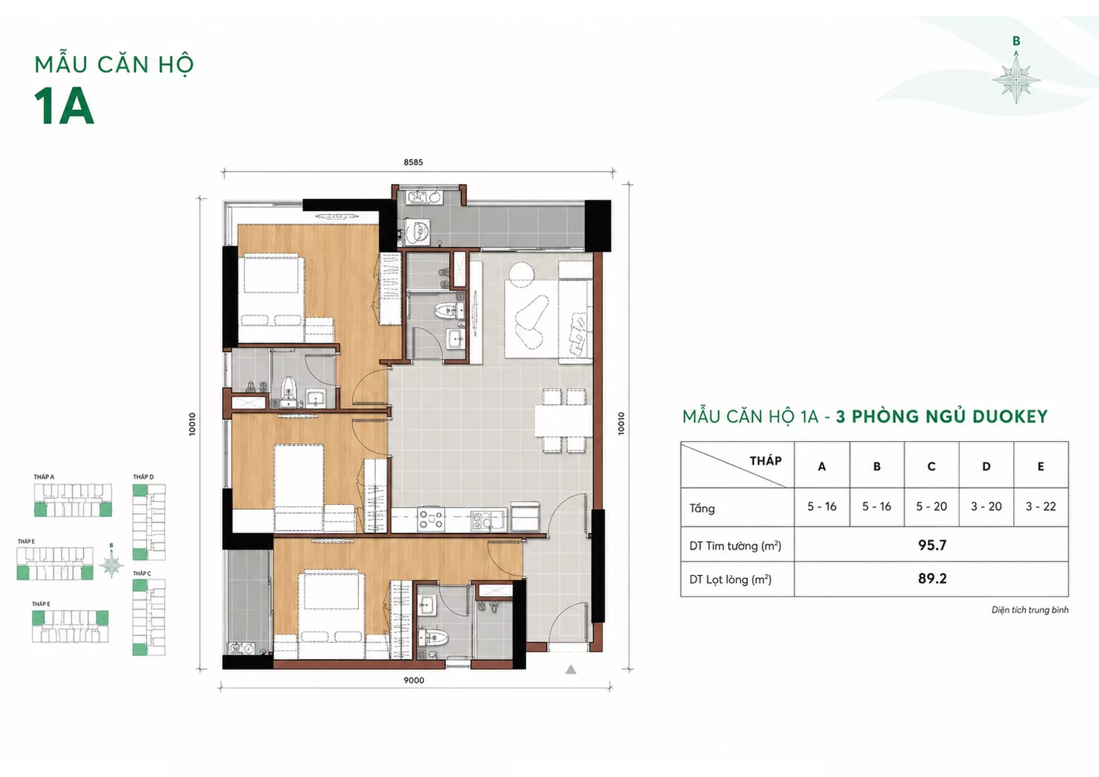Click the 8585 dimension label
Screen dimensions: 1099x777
tap(413, 162)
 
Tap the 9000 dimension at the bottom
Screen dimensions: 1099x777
tap(414, 680)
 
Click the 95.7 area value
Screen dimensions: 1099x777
tap(932, 545)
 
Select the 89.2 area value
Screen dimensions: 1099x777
tap(932, 578)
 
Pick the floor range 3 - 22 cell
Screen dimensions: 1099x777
tap(1041, 506)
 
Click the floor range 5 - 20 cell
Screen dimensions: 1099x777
tap(931, 506)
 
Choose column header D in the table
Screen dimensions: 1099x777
tap(986, 467)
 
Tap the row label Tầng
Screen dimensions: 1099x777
tap(702, 508)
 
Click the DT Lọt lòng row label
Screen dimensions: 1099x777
tap(730, 579)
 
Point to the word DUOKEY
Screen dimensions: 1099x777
tap(1010, 416)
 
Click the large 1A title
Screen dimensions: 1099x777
tap(64, 107)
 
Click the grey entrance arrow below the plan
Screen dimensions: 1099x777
tap(571, 669)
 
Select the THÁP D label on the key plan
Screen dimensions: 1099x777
tap(143, 477)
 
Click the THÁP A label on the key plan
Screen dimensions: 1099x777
tap(44, 477)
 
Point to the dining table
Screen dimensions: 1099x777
tap(564, 421)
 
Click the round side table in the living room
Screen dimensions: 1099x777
tap(521, 274)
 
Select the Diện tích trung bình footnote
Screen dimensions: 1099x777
tap(1030, 610)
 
